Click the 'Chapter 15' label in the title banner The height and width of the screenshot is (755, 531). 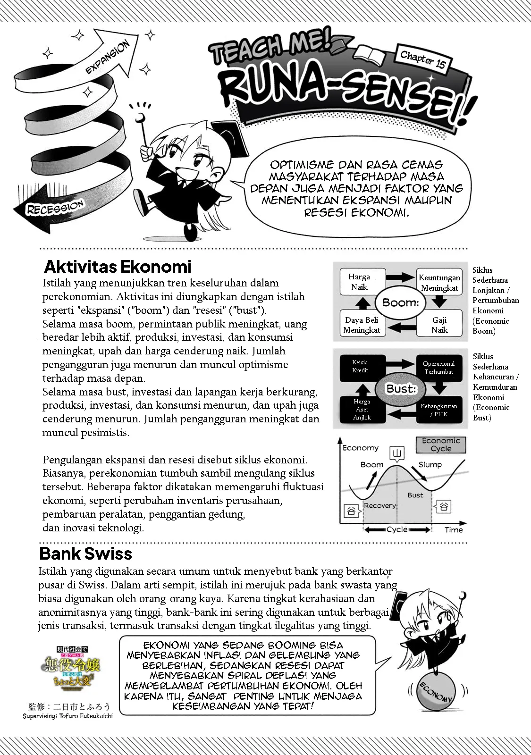[423, 59]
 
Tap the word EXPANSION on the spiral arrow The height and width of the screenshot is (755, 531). [108, 58]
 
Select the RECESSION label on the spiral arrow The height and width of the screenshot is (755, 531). [55, 208]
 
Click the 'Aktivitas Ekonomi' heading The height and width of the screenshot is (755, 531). [118, 267]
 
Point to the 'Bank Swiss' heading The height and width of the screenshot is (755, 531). [86, 553]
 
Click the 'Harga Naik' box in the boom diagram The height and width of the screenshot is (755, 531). [359, 282]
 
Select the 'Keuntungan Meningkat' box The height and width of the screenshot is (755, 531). [439, 283]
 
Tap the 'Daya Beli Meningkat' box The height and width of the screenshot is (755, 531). [362, 325]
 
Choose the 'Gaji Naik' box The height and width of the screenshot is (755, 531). [439, 325]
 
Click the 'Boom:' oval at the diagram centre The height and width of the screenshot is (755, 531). [401, 302]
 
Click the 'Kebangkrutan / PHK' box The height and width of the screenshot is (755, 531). [439, 410]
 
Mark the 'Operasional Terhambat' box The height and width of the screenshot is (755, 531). [439, 368]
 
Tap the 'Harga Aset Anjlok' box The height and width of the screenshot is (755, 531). [362, 409]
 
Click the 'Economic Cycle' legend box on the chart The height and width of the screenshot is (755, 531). [441, 445]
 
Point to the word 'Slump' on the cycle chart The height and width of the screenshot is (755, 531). [430, 465]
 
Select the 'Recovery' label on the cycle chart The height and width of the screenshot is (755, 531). [380, 505]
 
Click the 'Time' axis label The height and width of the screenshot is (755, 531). [454, 530]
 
